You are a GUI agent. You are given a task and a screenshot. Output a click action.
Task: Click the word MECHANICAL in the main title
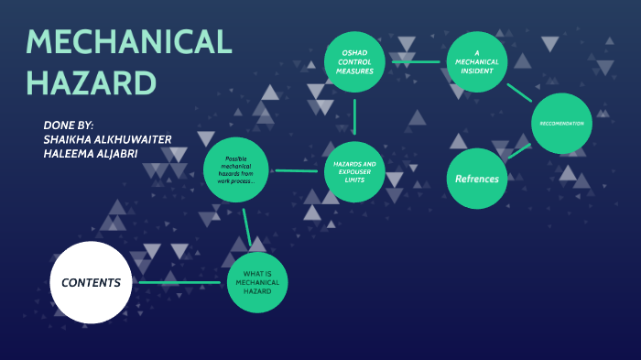click(128, 42)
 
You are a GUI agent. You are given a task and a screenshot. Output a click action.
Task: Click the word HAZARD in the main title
click(91, 82)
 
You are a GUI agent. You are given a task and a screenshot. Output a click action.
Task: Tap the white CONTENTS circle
click(90, 282)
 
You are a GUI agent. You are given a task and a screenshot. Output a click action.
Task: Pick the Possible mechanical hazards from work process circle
click(236, 169)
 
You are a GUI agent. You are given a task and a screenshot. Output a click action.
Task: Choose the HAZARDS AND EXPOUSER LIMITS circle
click(354, 169)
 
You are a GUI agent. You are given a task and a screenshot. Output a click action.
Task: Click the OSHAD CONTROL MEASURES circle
click(354, 61)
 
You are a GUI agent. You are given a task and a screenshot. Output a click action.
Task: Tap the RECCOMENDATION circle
click(561, 123)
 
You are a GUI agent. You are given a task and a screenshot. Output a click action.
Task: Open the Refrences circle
click(477, 179)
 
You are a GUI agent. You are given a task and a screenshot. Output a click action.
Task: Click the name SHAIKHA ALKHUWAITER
click(107, 138)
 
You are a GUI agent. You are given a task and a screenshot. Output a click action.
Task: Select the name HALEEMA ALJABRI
click(92, 153)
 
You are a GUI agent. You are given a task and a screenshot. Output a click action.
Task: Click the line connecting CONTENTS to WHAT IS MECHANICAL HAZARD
click(179, 282)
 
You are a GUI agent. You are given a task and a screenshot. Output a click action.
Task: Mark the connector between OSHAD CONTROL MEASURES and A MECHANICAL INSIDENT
click(416, 61)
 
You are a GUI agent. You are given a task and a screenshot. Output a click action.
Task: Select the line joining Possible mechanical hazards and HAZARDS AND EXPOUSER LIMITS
click(295, 170)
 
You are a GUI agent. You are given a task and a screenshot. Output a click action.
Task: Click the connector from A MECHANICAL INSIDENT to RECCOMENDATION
click(519, 92)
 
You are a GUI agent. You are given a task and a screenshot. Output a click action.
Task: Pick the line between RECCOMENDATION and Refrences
click(519, 151)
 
